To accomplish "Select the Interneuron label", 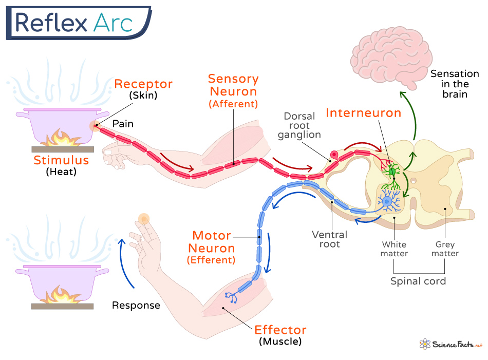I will pos(363,113).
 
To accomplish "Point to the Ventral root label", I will pos(330,239).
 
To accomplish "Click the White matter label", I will pos(395,249).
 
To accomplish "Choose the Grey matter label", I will pos(445,249).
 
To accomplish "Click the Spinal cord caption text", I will pos(418,281).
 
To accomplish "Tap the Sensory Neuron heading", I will pos(233,85).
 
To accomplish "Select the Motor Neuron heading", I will pos(213,242).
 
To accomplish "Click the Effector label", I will pos(280,330).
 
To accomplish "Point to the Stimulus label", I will pos(61,160).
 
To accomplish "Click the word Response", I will pos(136,306).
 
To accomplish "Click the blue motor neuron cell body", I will pos(387,202).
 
